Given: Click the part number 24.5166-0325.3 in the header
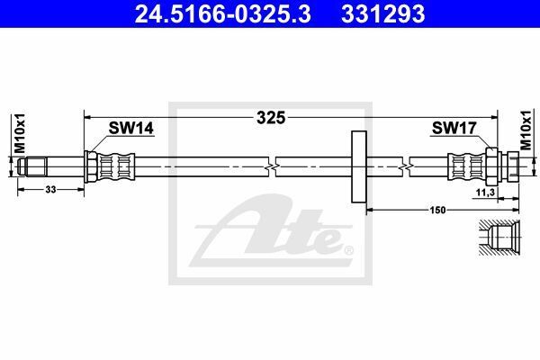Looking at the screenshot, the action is (x=223, y=13).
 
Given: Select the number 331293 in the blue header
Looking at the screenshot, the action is (x=383, y=13).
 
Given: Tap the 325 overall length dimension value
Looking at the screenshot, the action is (x=271, y=118).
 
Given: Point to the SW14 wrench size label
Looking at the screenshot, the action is (x=130, y=128).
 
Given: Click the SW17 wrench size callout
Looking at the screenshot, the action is (x=454, y=128).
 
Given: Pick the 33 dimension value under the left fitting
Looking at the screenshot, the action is (x=50, y=190).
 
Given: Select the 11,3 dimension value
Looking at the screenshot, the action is (x=485, y=193).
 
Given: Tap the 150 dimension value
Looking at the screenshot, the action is (x=437, y=210).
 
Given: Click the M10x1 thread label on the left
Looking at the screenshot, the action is (x=20, y=132).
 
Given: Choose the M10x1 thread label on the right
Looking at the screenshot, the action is (x=526, y=130).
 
